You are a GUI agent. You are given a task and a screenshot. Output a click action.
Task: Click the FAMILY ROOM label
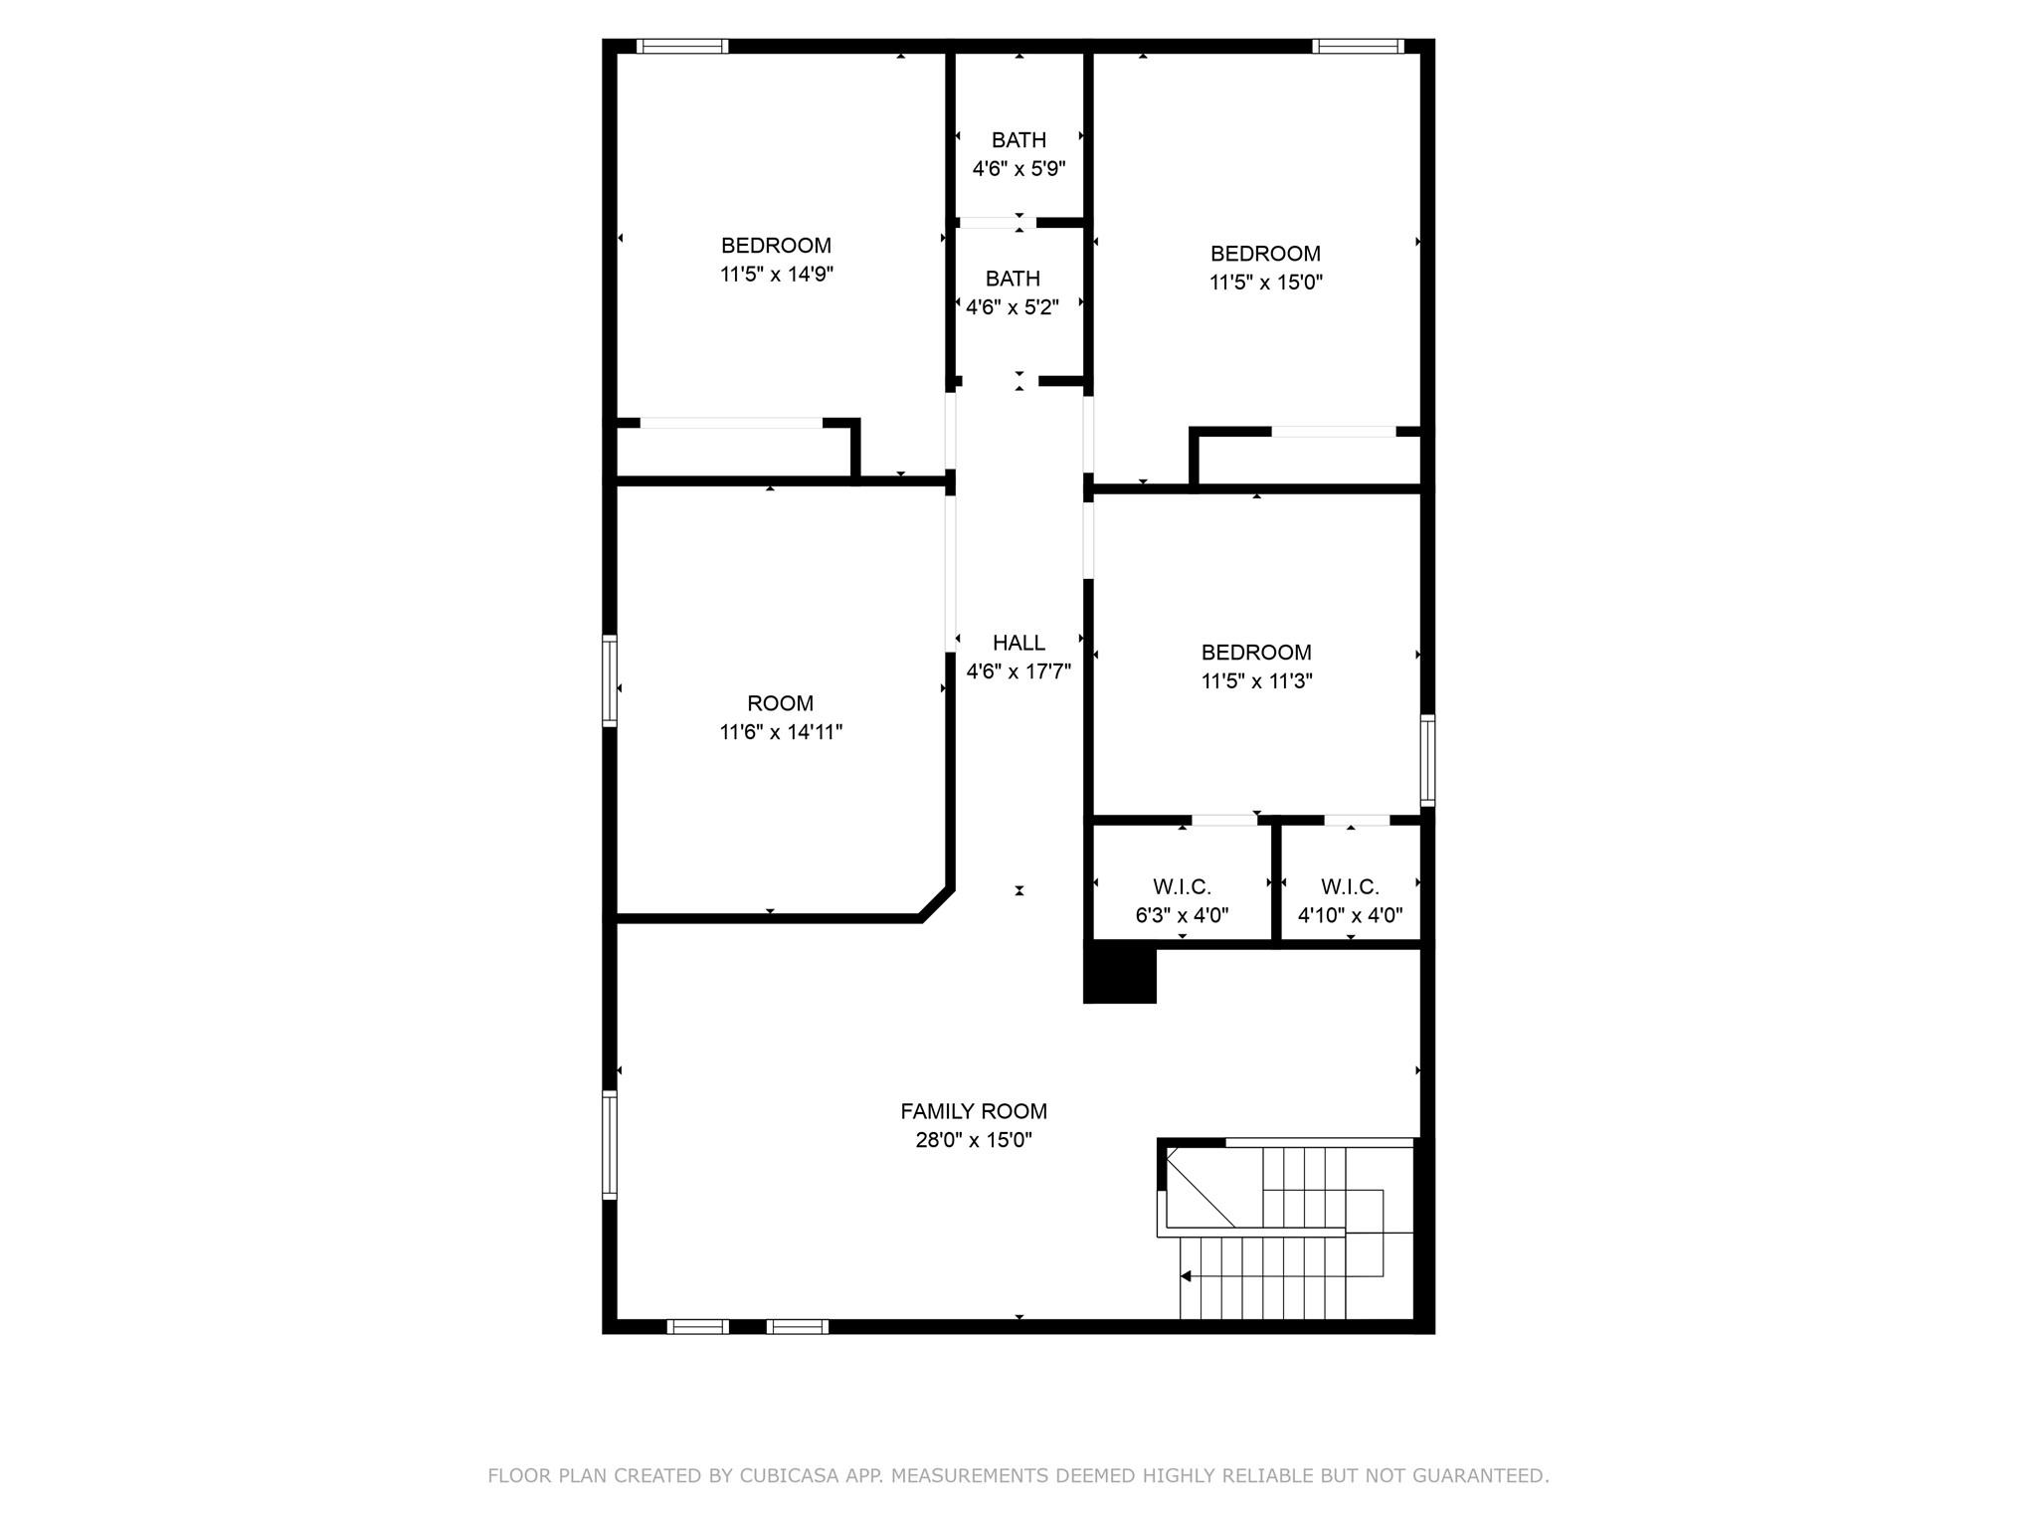974,1111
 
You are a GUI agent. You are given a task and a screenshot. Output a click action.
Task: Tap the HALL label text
1018,643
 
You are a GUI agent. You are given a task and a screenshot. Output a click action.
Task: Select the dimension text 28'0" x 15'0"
974,1140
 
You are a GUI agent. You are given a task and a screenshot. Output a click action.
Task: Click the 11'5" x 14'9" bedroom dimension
776,275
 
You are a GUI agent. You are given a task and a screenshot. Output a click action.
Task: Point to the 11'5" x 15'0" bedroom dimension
1265,283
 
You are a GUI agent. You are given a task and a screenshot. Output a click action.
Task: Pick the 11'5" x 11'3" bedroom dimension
1256,681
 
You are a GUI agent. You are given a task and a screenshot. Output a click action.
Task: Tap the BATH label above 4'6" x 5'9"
1018,140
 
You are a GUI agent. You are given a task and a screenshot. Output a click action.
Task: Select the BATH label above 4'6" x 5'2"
1013,279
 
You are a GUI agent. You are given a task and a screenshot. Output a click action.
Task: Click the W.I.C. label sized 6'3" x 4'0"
1182,886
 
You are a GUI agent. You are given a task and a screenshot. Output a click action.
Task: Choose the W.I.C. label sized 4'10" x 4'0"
1350,886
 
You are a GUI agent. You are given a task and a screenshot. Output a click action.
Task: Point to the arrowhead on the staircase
1186,1275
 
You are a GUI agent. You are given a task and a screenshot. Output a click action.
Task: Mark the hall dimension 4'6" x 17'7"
1018,671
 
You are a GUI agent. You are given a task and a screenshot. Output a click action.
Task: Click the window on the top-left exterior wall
682,46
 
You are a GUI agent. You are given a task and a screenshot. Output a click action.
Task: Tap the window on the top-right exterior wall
1358,46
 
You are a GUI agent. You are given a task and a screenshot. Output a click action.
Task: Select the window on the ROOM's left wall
610,680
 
